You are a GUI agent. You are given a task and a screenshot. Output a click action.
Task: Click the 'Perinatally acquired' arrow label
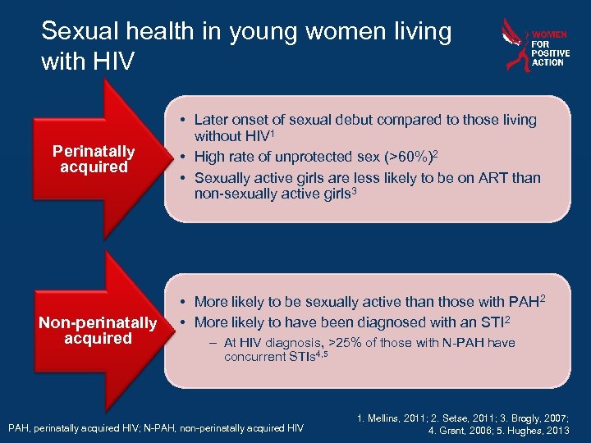(x=94, y=159)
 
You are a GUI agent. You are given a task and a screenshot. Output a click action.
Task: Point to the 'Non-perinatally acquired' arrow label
(x=98, y=331)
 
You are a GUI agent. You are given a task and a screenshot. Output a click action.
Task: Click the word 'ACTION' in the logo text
(x=547, y=62)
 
